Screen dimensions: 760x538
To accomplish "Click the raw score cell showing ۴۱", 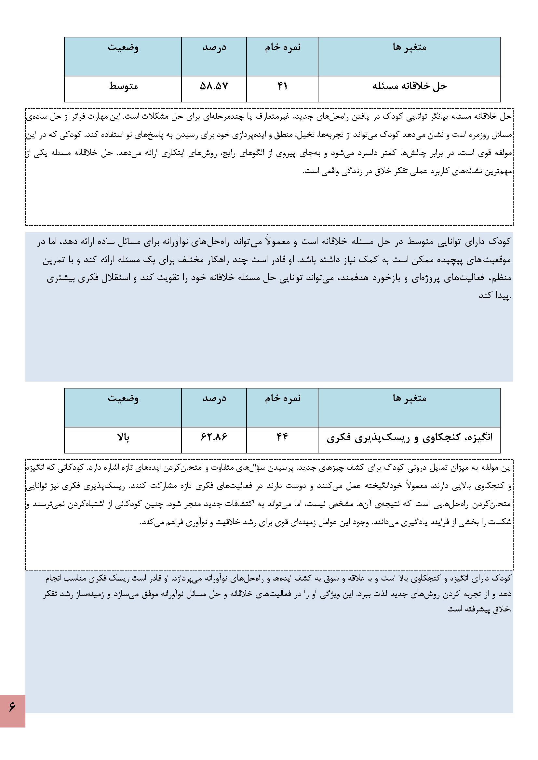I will (282, 86).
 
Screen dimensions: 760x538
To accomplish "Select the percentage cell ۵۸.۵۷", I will (214, 86).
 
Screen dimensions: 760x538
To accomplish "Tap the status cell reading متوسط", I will (123, 86).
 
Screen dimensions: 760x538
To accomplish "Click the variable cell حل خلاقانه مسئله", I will (409, 86).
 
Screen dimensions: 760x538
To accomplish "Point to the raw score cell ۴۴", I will (282, 437).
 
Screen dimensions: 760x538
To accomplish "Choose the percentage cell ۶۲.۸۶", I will (214, 437).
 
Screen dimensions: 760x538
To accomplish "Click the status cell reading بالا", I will (123, 437).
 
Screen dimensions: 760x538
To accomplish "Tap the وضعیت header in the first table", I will (123, 47).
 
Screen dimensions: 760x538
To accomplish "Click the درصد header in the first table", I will (214, 47).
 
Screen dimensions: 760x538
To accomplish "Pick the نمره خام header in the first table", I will (282, 47).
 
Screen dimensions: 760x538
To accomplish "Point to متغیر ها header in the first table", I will (409, 47).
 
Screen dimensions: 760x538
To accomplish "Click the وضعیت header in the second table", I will (123, 398).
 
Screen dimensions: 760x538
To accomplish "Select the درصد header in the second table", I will (214, 398).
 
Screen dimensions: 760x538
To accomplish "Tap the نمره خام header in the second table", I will (282, 398).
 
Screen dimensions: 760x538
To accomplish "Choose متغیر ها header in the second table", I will (409, 398).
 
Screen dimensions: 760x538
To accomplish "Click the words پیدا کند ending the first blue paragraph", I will (494, 295).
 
